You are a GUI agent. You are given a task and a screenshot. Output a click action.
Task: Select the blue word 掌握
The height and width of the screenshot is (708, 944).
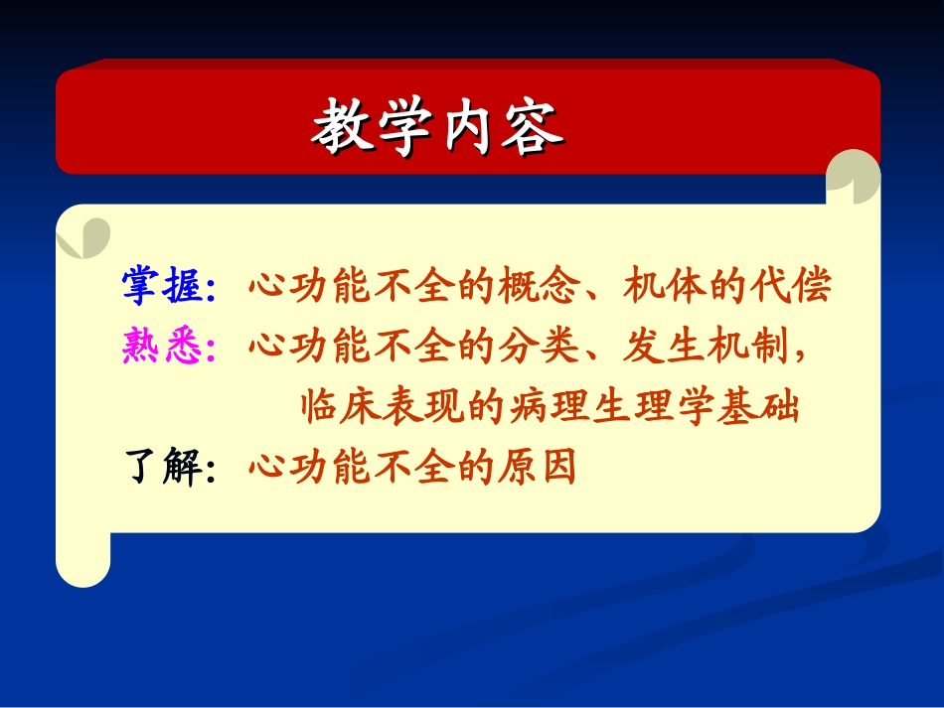162,288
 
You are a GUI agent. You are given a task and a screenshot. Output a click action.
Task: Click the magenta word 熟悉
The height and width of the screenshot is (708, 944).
162,348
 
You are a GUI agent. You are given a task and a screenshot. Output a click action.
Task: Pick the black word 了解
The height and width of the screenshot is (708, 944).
162,467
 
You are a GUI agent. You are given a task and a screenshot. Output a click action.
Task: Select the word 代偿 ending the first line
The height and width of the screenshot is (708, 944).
801,288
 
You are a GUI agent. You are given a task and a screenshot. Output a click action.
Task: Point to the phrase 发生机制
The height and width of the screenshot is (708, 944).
706,348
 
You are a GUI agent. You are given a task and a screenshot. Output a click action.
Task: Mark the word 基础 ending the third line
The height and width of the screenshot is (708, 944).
767,407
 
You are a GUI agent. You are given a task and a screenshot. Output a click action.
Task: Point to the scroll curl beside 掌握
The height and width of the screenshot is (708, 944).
83,236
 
